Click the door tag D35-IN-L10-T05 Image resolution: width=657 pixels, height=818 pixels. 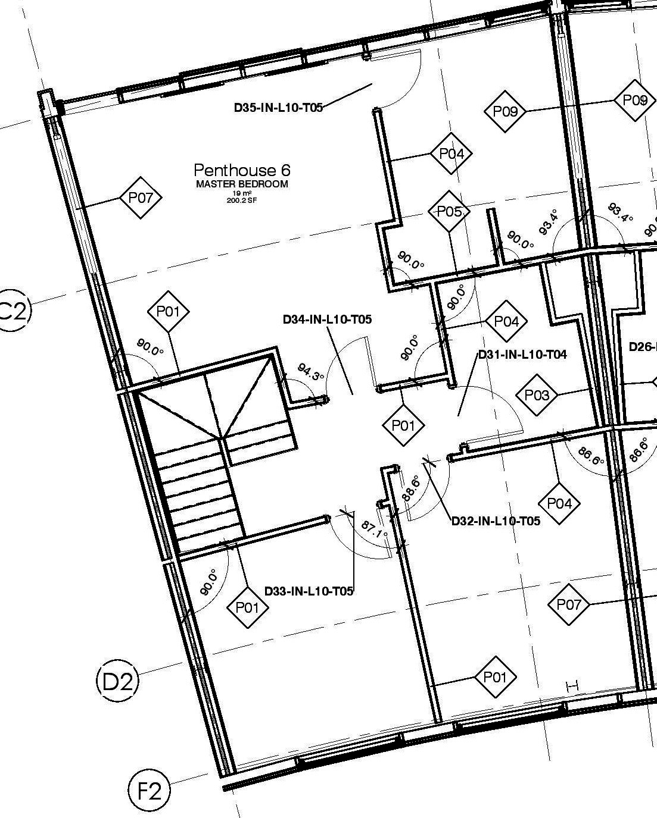coord(278,108)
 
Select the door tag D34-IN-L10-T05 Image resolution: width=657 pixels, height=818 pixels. coord(327,319)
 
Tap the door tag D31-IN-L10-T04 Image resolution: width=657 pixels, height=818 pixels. coord(522,355)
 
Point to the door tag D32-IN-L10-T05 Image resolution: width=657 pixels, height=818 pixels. coord(496,521)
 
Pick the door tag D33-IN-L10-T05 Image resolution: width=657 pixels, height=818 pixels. coord(309,591)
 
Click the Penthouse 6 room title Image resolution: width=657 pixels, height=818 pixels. coord(242,170)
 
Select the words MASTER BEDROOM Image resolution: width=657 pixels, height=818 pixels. coord(242,184)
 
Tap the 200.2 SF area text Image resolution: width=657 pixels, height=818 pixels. coord(242,200)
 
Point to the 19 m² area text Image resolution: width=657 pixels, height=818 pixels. coord(242,193)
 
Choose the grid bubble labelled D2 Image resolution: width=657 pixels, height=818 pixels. coord(117,681)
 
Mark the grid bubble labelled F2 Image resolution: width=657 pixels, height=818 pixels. coord(149,792)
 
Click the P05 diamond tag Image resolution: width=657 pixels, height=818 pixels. coord(449,211)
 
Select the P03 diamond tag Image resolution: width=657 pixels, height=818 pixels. coord(537,395)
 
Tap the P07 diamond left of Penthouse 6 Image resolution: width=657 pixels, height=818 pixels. coord(141,198)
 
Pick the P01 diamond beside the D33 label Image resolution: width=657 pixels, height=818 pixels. coord(248,607)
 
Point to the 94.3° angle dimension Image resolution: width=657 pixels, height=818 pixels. coord(310,374)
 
